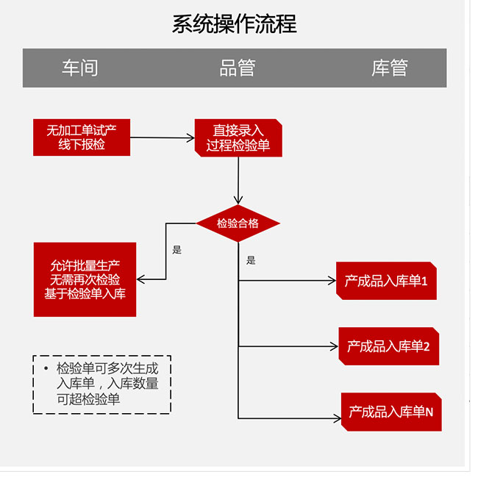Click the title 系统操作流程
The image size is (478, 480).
(235, 24)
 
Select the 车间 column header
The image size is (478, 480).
(79, 68)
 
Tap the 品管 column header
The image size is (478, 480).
(238, 68)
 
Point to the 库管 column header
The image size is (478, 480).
(389, 68)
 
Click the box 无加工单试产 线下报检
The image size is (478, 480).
(82, 137)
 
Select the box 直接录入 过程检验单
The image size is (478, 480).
(238, 138)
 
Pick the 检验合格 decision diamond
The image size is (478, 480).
(238, 223)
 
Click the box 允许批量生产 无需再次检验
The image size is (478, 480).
(85, 279)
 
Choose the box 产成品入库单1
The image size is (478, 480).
(386, 281)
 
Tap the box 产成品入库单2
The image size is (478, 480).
(388, 346)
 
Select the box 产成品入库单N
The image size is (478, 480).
(390, 412)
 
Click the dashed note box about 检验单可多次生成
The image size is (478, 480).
(102, 384)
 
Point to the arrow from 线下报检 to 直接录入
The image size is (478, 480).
(162, 137)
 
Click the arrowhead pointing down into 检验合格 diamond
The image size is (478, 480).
(238, 199)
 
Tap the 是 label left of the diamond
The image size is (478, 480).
(176, 250)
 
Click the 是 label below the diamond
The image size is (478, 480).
(251, 260)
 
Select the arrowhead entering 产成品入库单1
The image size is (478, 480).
(332, 280)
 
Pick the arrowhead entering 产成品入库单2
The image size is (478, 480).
(334, 346)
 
